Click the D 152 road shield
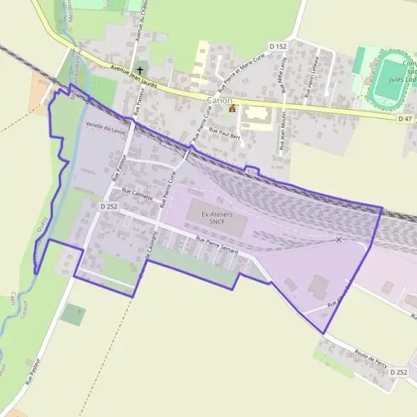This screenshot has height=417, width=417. click(x=278, y=46)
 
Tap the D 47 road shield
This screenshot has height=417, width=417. click(x=406, y=119)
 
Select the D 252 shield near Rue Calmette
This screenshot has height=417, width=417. click(x=109, y=206)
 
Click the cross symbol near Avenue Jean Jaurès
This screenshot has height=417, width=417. click(x=140, y=70)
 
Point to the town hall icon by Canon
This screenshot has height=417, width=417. click(x=232, y=108)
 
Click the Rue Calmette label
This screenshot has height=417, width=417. click(x=136, y=196)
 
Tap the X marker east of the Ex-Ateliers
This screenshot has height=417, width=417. click(x=339, y=240)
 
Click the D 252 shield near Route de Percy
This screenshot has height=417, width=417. click(x=398, y=373)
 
